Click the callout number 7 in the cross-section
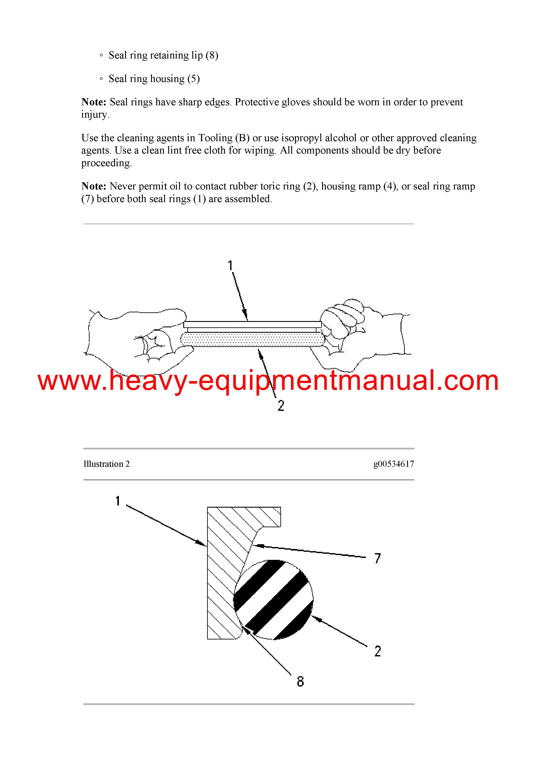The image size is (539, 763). tap(378, 558)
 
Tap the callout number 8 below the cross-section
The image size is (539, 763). tap(300, 681)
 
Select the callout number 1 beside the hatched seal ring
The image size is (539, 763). tap(118, 501)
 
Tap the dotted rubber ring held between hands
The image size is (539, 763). tap(252, 340)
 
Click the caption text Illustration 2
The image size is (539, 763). tap(106, 464)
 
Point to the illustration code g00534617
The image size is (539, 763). tap(394, 464)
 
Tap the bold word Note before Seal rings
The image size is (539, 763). tap(94, 102)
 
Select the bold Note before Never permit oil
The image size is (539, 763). tap(94, 186)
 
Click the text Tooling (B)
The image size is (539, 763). tap(224, 138)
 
